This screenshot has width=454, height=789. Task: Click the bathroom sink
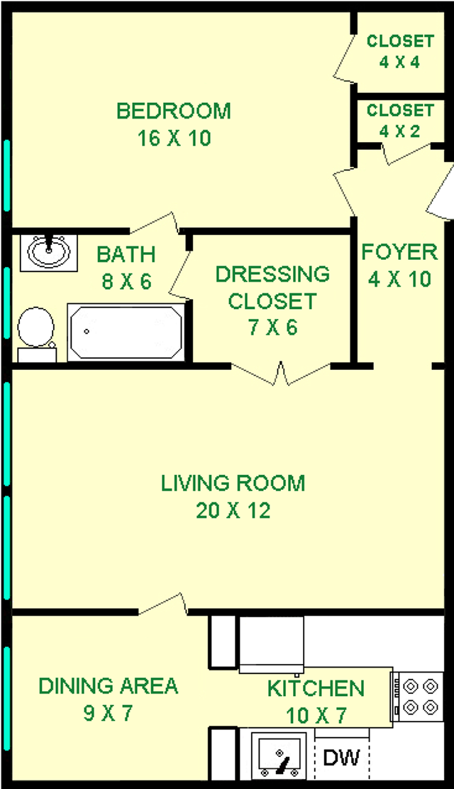[x=49, y=253]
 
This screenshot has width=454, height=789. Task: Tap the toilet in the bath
[x=37, y=334]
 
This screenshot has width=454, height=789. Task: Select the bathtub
[x=126, y=332]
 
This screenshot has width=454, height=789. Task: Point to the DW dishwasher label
[x=341, y=757]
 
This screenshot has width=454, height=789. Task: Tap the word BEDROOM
[x=174, y=111]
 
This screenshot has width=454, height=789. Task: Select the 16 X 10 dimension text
[x=174, y=138]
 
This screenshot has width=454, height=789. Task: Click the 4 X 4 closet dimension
[x=399, y=62]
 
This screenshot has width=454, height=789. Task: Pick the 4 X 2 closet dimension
[x=399, y=131]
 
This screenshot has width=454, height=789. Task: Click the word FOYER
[x=399, y=251]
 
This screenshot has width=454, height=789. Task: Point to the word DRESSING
[x=273, y=274]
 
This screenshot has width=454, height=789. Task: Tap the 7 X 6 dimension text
[x=273, y=327]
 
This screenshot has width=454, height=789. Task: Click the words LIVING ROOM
[x=233, y=483]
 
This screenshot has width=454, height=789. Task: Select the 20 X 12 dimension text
[x=233, y=510]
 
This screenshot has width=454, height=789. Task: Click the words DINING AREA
[x=108, y=686]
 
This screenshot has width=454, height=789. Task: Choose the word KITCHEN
[x=316, y=688]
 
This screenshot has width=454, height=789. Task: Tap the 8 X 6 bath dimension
[x=126, y=281]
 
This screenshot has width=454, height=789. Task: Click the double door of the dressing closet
[x=280, y=374]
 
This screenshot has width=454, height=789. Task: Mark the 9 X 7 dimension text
[x=108, y=713]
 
